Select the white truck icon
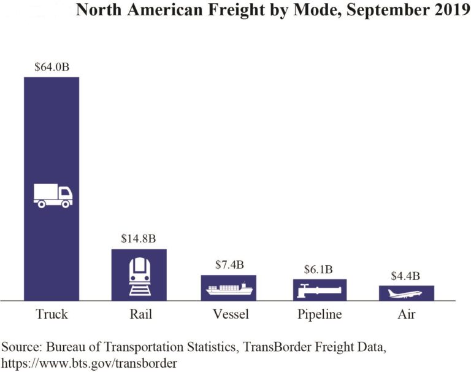coord(52,195)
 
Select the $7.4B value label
coord(229,265)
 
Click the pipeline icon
coord(319,290)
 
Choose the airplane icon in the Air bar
coord(406,293)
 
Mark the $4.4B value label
coord(407,276)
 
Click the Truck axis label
coord(52,315)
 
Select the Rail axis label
coord(140,315)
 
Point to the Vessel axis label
coord(230,315)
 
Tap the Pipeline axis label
coord(319,315)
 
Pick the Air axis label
coord(407,315)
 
